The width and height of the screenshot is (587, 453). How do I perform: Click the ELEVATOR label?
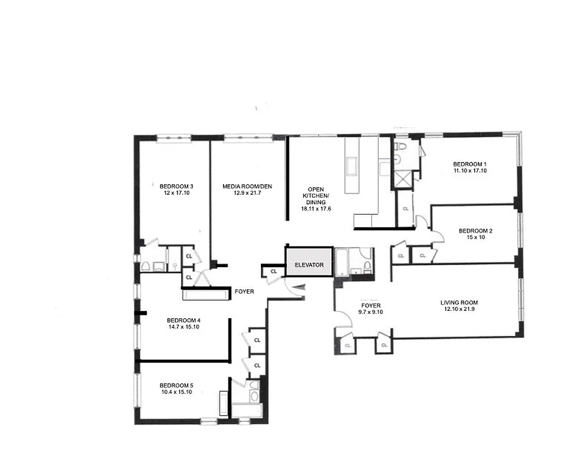(x=309, y=265)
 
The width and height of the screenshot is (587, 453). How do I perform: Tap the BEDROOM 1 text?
(x=470, y=164)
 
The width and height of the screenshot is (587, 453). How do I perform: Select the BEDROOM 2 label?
(x=475, y=230)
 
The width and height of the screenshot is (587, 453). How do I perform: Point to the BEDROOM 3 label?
(x=176, y=186)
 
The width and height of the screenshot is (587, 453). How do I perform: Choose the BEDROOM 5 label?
(x=176, y=385)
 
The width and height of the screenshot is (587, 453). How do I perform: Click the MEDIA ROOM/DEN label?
(x=247, y=186)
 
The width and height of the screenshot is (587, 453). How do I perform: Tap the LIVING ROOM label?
(x=459, y=302)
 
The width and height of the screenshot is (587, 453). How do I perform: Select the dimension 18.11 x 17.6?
(x=315, y=209)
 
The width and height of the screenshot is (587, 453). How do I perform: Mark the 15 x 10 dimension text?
(x=475, y=237)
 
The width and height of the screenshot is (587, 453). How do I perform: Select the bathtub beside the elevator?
(x=342, y=262)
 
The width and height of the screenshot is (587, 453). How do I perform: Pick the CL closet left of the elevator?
(x=274, y=272)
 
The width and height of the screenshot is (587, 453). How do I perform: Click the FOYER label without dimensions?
(x=244, y=292)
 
